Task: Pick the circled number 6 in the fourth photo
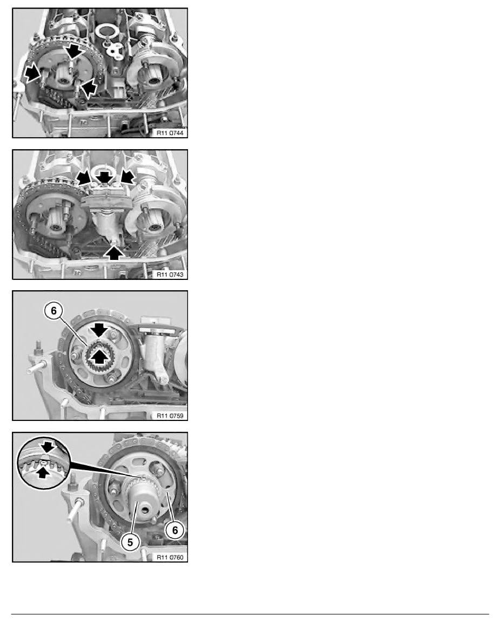175,530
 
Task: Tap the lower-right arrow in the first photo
89,86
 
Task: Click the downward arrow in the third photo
99,330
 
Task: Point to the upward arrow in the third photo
99,356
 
